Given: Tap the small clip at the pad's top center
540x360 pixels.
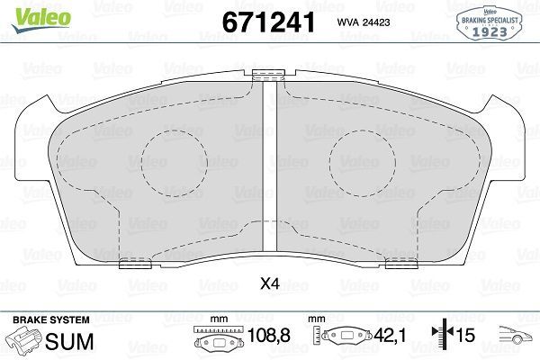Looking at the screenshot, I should [x=267, y=76].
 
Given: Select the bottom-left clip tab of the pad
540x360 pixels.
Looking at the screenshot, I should [x=135, y=264].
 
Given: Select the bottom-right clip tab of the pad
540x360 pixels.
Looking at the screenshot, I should [x=399, y=264].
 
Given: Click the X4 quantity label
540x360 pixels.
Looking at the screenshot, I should [x=268, y=285].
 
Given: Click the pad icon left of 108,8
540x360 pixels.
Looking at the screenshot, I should [x=215, y=341].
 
